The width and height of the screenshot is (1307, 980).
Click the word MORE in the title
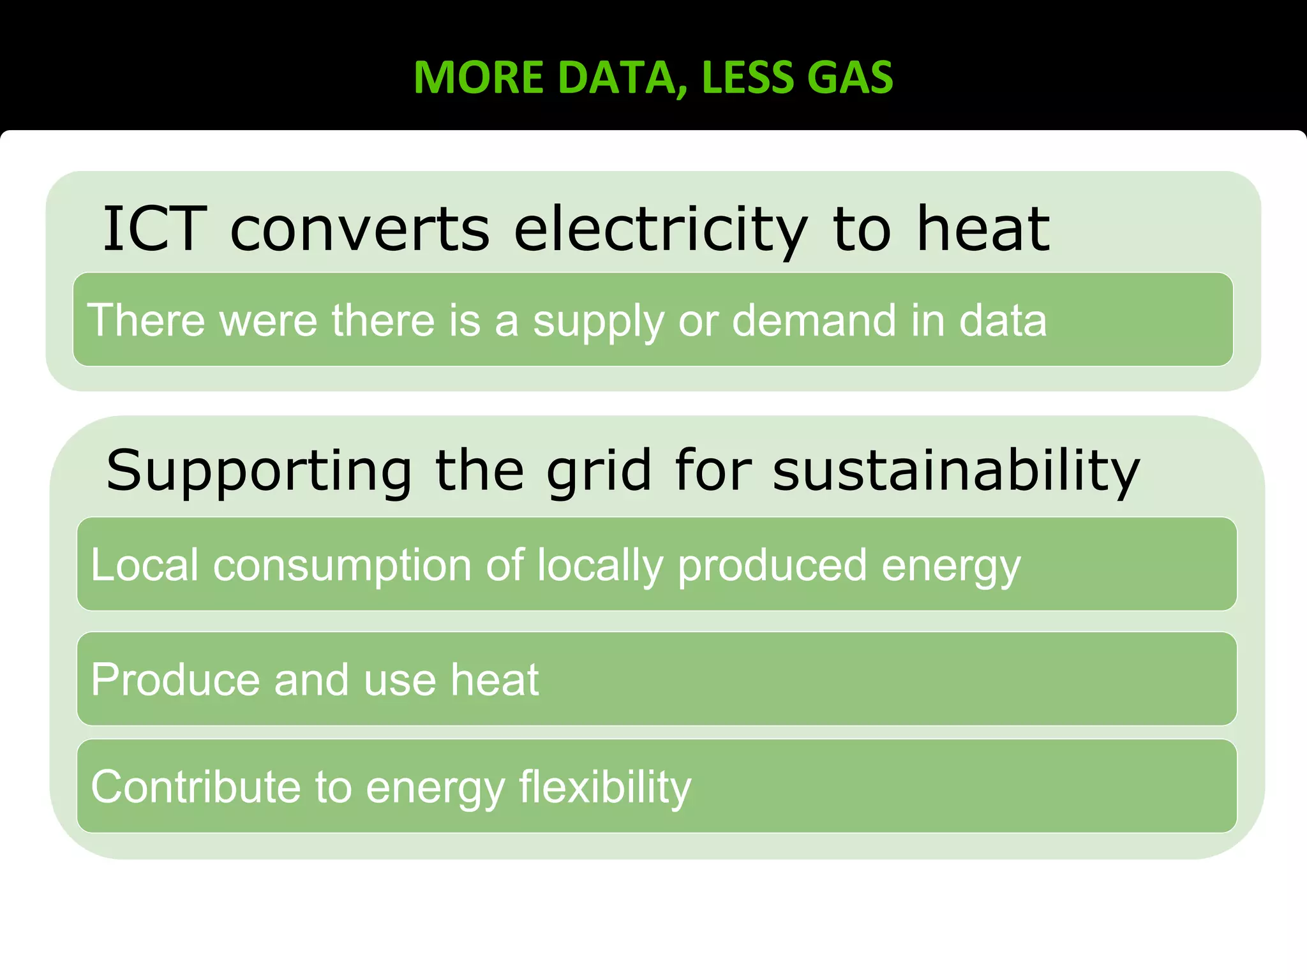(478, 78)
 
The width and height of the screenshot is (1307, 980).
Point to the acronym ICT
(154, 229)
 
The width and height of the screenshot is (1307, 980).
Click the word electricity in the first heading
(661, 229)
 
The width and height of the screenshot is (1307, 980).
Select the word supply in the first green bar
(598, 321)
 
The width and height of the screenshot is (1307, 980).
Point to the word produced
(772, 567)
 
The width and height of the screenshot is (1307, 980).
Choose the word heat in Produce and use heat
(495, 679)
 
